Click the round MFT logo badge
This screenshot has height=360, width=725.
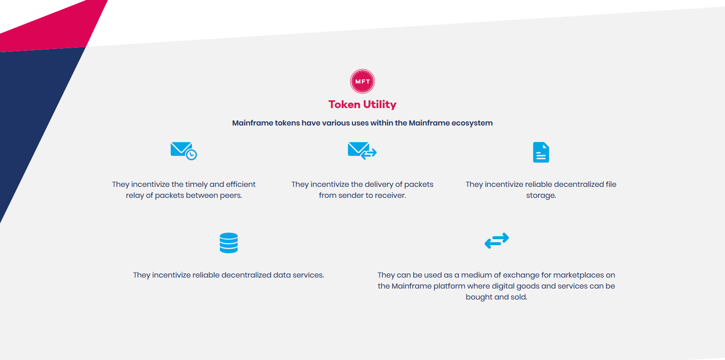(362, 81)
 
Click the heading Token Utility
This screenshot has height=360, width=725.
(362, 104)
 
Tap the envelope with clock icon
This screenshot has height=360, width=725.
(184, 151)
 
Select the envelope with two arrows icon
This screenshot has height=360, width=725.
(362, 151)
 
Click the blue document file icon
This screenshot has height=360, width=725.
(541, 152)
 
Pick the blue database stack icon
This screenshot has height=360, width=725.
(229, 243)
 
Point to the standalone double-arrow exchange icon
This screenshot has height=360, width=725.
(496, 240)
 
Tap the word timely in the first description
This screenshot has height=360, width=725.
(197, 184)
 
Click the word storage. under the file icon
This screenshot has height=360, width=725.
(541, 196)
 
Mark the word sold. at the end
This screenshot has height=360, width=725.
(519, 297)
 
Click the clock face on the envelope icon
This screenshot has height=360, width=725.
(191, 155)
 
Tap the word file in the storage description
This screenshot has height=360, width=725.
(611, 184)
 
